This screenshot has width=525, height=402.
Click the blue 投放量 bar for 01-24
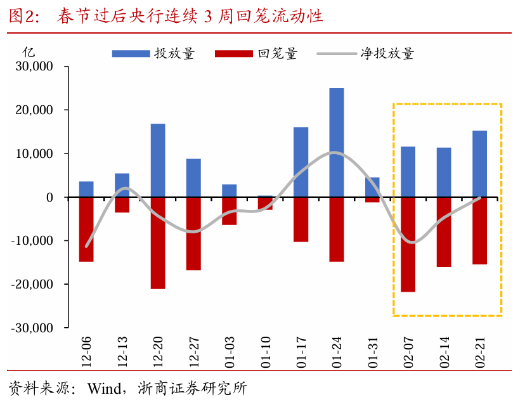click(337, 143)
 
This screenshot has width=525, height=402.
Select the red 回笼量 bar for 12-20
click(158, 243)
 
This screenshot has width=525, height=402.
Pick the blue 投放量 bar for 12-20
click(158, 160)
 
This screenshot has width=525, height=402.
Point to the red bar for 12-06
click(86, 230)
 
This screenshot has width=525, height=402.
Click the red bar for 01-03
click(229, 211)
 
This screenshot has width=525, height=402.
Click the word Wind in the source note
click(103, 387)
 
